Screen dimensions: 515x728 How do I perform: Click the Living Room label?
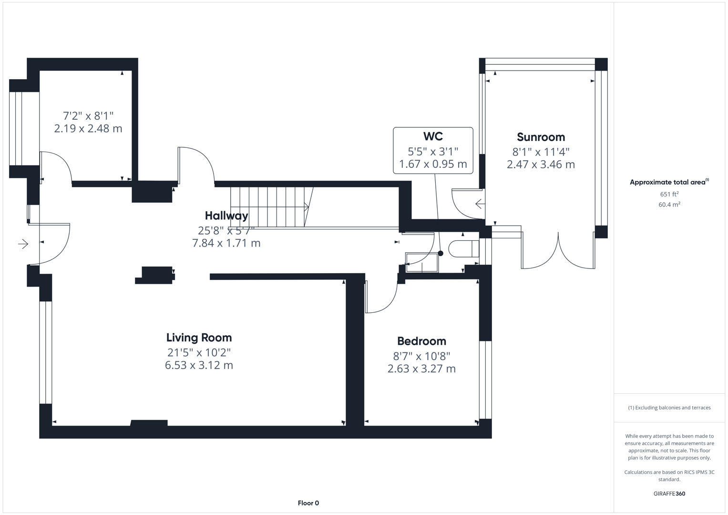tap(199, 338)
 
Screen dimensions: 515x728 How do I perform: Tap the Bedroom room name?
tap(421, 341)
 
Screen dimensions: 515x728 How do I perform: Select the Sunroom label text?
tap(541, 137)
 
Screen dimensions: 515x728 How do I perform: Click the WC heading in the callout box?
tap(433, 136)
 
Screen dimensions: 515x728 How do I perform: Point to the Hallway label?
tap(226, 216)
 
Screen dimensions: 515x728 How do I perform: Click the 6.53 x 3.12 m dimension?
tap(199, 365)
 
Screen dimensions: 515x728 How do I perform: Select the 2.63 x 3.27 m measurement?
tap(421, 369)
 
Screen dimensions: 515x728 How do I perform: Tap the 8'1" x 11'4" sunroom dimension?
tap(541, 152)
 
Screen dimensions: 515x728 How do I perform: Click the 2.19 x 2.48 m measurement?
tap(88, 129)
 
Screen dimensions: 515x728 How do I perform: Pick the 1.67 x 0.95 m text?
tap(433, 164)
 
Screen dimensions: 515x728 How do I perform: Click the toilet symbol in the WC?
tap(464, 249)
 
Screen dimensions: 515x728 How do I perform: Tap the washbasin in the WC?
tap(421, 263)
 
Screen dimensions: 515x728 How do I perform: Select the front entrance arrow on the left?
tap(23, 244)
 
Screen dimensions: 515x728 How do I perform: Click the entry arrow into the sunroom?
tap(480, 204)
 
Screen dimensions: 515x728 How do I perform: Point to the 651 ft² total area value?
tap(669, 194)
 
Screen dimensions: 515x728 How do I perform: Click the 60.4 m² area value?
tap(669, 205)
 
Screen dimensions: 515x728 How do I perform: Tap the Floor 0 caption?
tap(308, 503)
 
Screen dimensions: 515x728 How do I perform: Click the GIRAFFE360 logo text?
tap(669, 494)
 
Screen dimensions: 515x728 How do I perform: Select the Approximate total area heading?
tap(668, 182)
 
